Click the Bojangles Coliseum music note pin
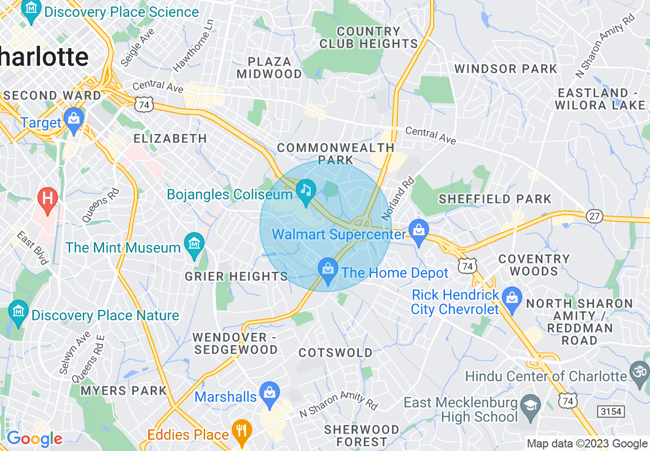306,191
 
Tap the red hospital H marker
48,197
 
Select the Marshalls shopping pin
269,393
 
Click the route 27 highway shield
595,216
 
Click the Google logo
34,439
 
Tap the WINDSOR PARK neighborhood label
505,69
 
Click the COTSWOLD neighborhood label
336,353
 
